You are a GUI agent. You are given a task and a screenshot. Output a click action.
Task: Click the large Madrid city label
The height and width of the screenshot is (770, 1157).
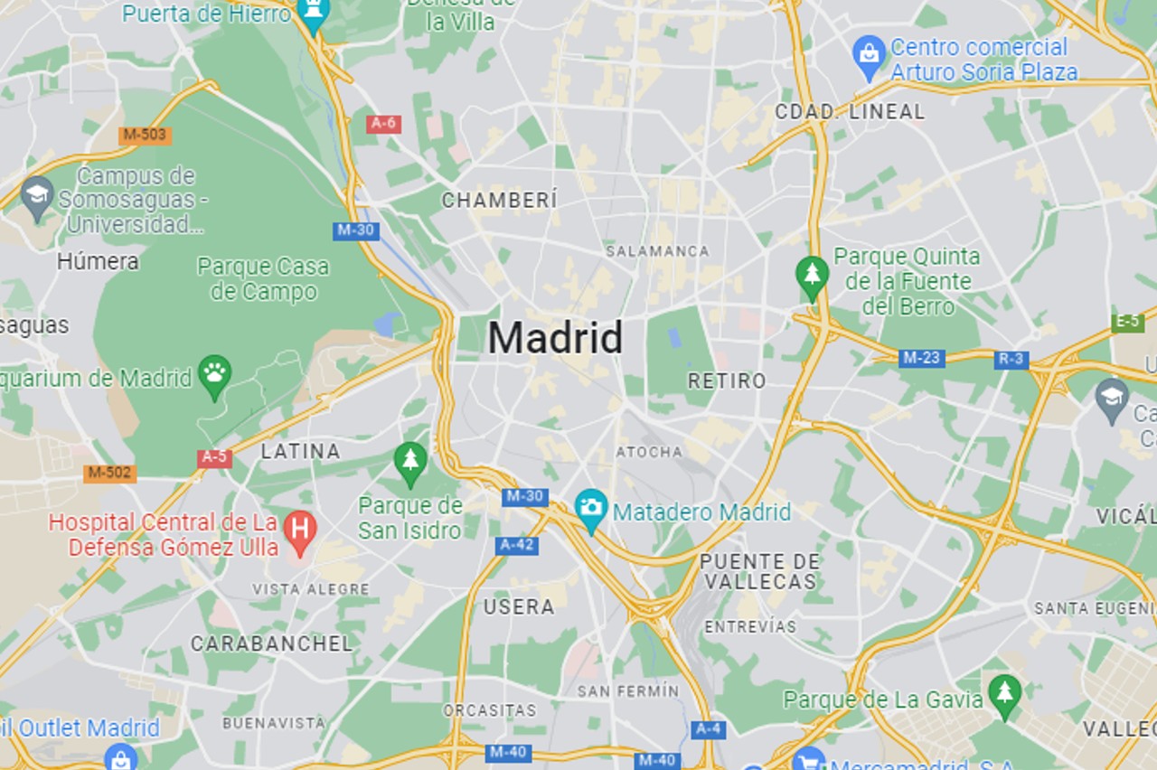coord(555,338)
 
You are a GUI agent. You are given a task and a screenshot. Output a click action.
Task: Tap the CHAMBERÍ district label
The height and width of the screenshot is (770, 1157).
coord(499,201)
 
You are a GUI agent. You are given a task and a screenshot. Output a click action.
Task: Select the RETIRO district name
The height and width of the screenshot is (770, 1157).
coord(727,381)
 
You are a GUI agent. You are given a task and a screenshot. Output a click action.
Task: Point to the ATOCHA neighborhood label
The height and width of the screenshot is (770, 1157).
coord(649,452)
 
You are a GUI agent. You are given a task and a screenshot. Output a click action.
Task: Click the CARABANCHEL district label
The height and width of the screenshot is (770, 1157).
coord(271,643)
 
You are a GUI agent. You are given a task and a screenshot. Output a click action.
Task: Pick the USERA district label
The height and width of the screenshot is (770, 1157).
coord(519,607)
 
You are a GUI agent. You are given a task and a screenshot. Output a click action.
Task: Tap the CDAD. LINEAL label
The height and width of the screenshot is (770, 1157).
coord(850,112)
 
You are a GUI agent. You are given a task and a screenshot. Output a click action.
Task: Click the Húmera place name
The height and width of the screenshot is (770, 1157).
coord(98,262)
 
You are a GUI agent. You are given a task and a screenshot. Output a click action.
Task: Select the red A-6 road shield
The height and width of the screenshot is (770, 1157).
coord(383,124)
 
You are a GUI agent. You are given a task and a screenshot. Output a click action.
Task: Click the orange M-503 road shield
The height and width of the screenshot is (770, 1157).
coord(145,135)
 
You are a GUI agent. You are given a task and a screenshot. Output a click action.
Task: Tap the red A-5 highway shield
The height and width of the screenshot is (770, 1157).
coord(214,457)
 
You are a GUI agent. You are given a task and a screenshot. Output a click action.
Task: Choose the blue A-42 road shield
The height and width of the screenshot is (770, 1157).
coord(517,545)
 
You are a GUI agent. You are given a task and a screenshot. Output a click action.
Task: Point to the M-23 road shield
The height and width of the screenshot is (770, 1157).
coord(921,358)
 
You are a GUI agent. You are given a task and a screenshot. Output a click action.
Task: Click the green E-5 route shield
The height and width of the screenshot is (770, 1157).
coord(1127,322)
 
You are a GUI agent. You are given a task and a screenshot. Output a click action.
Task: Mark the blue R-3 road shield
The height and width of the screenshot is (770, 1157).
coord(1011,360)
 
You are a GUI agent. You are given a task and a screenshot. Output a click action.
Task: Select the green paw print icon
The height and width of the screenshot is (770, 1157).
coord(214,374)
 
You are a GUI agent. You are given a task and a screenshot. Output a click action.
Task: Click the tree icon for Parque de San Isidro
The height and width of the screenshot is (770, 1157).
coord(410,461)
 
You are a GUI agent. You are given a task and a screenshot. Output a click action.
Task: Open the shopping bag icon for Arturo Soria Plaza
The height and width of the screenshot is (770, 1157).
coord(869,55)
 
